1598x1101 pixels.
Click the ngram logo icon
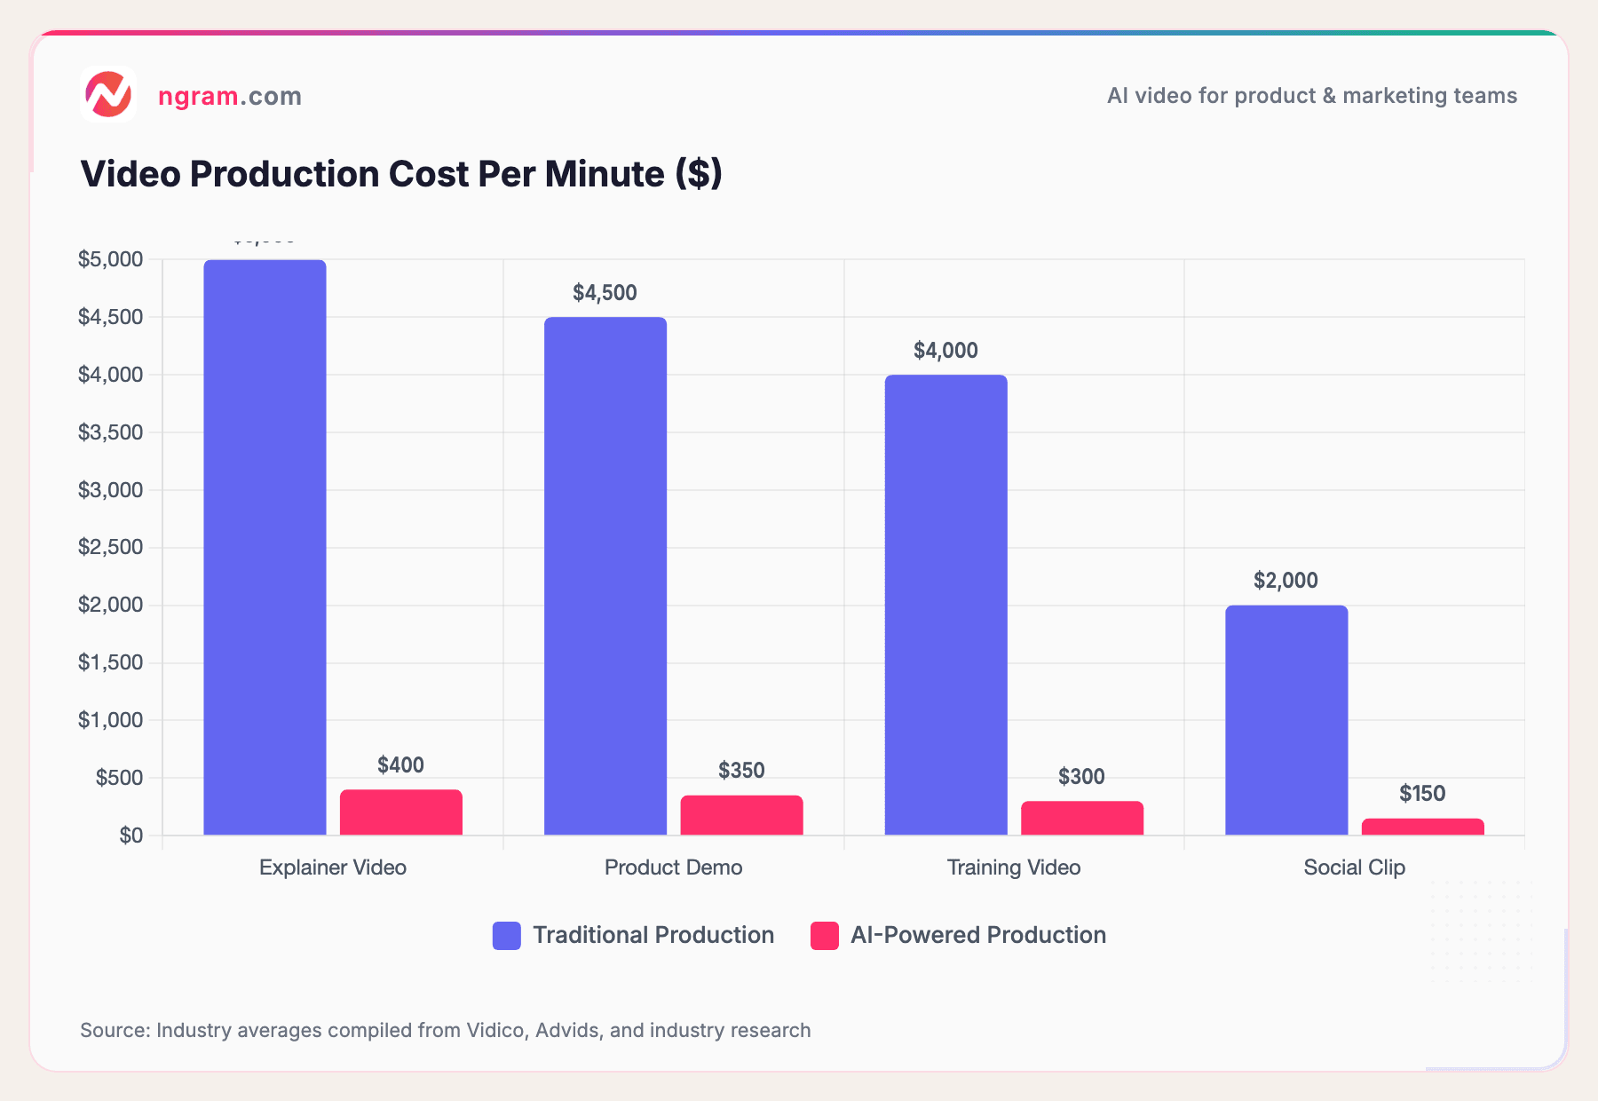[108, 94]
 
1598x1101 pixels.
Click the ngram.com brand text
[229, 96]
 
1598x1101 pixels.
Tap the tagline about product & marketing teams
[1311, 96]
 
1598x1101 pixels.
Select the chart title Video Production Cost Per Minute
[401, 174]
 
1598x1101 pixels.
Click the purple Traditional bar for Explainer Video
[265, 547]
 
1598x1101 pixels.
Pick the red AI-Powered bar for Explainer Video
[401, 812]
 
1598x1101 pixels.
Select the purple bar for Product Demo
[605, 575]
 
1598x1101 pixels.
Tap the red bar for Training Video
[1082, 818]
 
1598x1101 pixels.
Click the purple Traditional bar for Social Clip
[1286, 720]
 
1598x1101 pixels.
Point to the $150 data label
[1422, 794]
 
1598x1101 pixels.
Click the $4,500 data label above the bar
[605, 293]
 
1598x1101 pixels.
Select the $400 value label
[400, 765]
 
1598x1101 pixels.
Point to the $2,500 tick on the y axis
[110, 547]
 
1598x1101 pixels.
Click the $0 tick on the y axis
[131, 836]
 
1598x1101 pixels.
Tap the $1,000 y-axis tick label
[110, 720]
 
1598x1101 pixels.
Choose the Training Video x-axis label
[1014, 867]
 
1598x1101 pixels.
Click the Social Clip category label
[1354, 867]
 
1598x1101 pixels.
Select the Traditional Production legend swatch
[507, 936]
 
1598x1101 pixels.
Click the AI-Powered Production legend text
[977, 935]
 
